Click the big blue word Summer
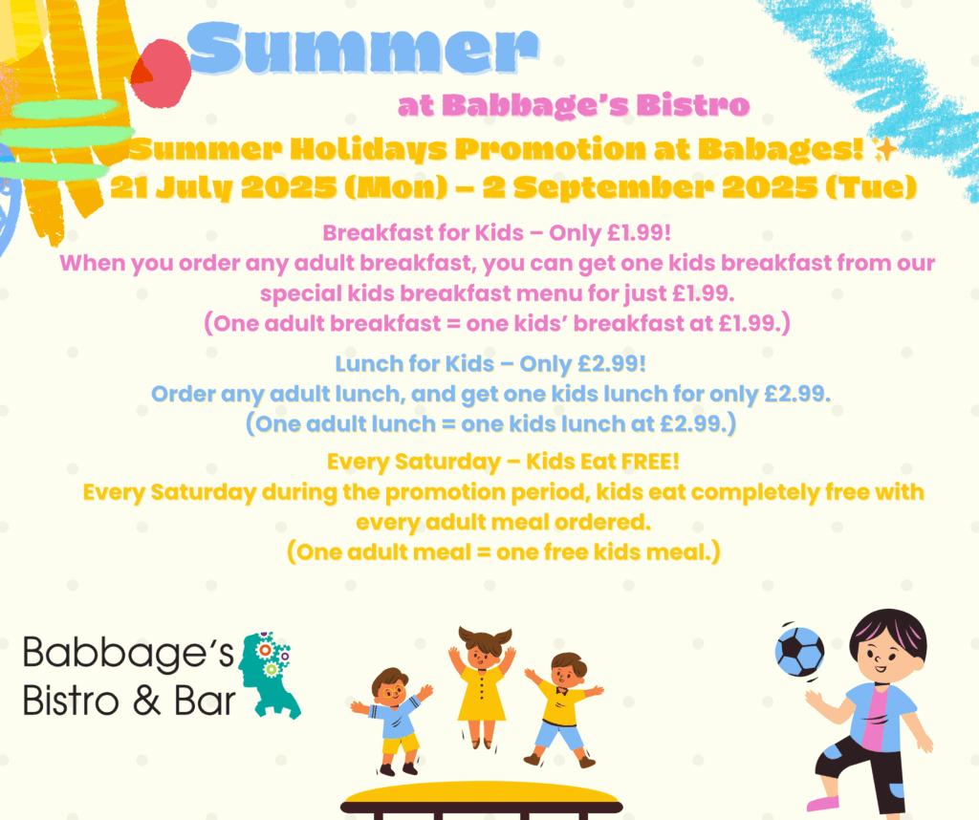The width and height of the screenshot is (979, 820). point(363,49)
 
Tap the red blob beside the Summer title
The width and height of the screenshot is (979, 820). point(162,73)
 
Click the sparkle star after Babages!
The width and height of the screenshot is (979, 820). point(885,150)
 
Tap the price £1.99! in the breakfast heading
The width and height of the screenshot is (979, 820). point(639,233)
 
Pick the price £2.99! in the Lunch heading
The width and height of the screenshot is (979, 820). point(612,364)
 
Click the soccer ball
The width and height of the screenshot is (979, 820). point(800,652)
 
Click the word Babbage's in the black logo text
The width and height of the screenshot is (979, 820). point(128,654)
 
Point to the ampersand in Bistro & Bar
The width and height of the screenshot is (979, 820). point(146,701)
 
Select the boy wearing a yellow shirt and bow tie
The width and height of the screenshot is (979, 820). point(562,710)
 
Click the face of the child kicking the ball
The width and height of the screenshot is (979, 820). point(886,653)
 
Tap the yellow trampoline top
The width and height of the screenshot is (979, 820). point(482,796)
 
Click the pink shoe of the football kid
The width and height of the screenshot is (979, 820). point(823,801)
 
